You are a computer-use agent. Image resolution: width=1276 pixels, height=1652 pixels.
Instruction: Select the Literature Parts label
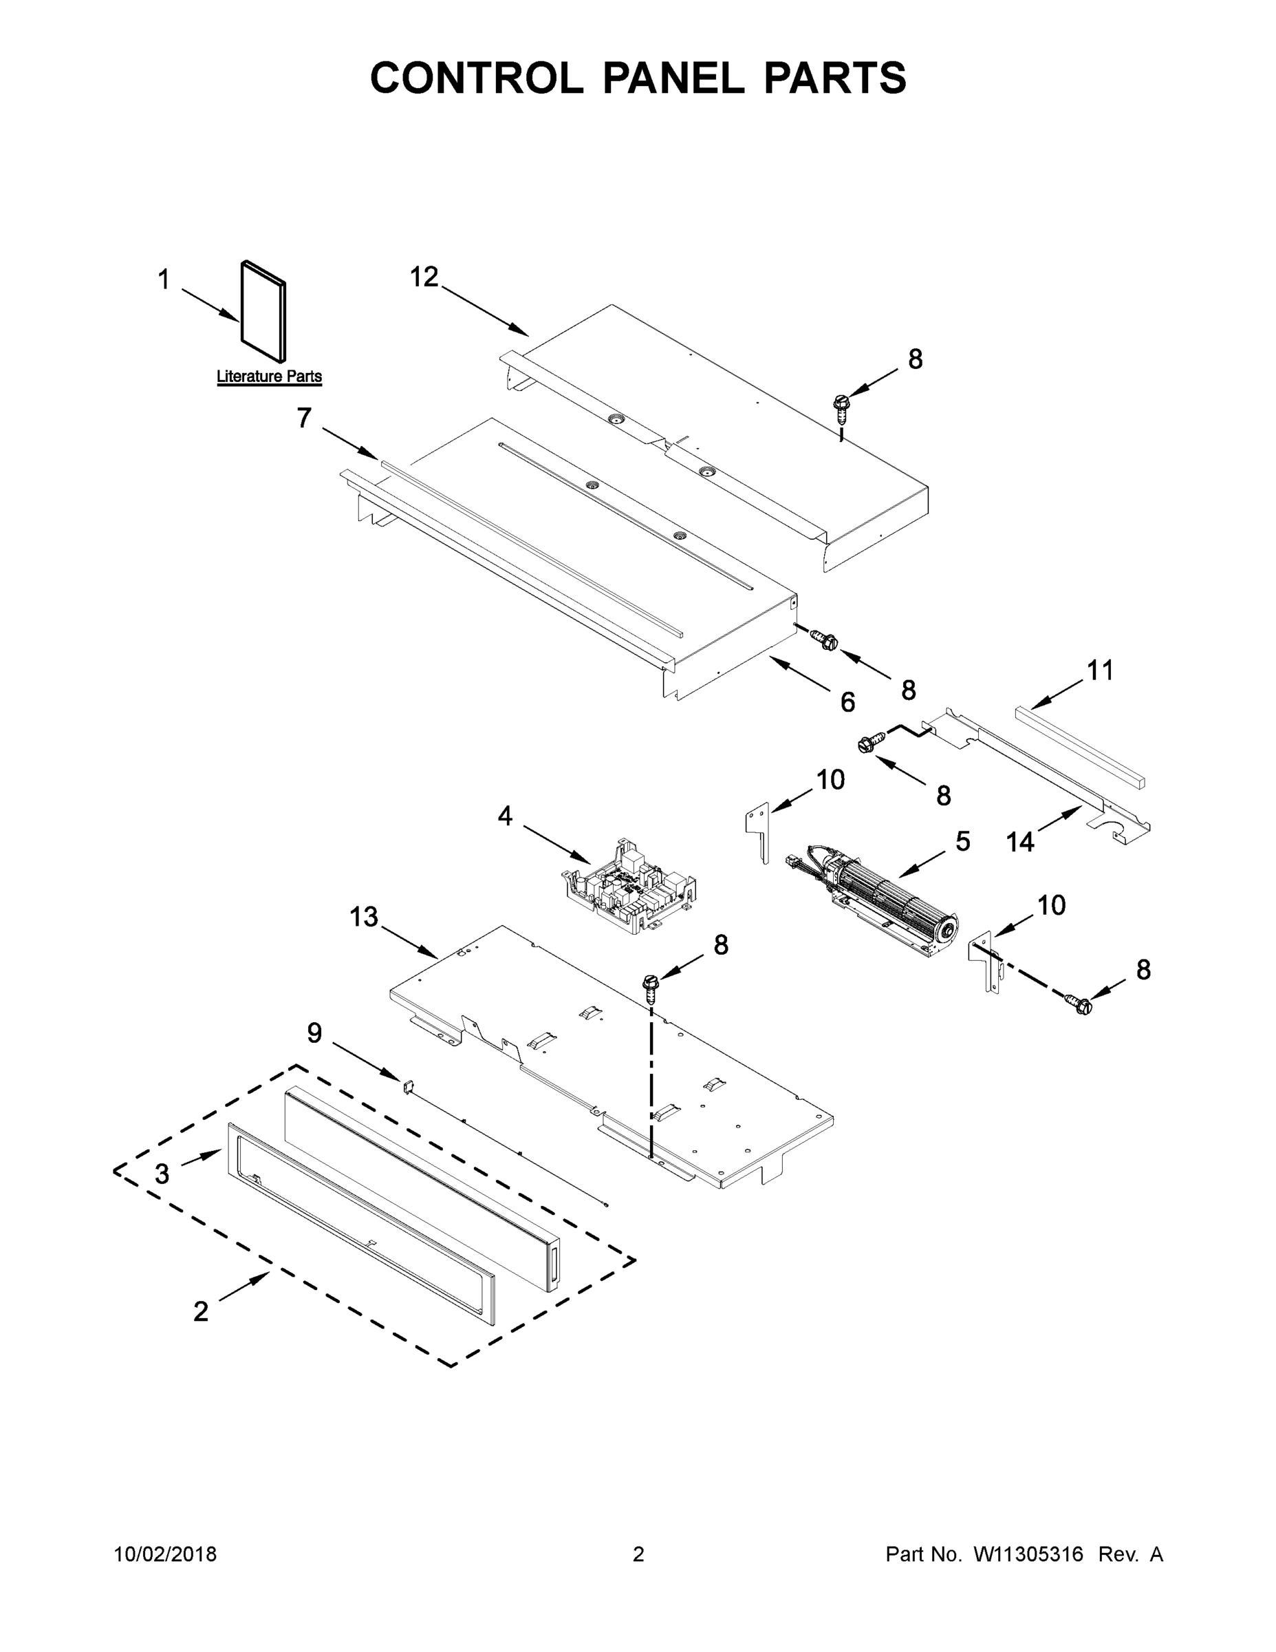[269, 376]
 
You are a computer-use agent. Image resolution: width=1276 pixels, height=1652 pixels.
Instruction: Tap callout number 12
[424, 277]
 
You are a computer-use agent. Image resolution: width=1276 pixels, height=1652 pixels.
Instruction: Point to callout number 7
[304, 418]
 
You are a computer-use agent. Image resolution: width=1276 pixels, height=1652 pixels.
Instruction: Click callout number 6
[847, 702]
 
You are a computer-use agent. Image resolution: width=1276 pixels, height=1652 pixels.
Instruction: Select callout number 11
[1100, 670]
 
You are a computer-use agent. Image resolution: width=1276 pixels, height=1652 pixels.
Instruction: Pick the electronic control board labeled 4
[629, 887]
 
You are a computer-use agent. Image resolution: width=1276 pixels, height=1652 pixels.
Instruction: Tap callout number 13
[364, 917]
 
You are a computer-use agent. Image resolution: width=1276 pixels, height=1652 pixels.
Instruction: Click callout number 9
[314, 1032]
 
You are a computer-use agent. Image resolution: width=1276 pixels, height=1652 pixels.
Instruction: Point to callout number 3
[162, 1173]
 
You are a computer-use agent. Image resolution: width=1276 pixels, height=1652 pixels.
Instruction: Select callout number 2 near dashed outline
[200, 1311]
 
